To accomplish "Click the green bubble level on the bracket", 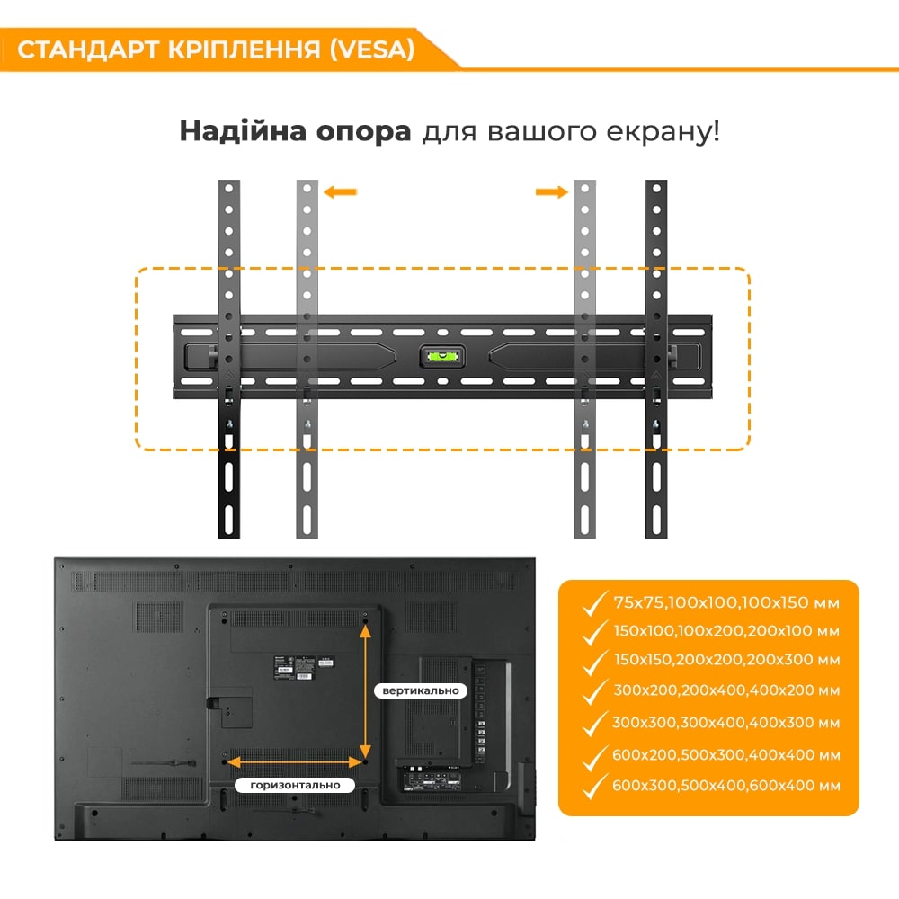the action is click(442, 357).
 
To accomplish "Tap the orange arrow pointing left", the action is click(340, 192).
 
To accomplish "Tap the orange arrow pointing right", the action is click(552, 192).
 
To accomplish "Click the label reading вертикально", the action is click(421, 690).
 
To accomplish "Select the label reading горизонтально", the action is click(295, 785).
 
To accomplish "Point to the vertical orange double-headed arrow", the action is click(365, 692).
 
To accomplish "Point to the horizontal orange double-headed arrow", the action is click(295, 762).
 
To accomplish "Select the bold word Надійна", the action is click(243, 130).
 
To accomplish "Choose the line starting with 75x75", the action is click(726, 602).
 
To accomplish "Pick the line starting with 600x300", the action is click(726, 786).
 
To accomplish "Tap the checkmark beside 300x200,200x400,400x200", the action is click(594, 692).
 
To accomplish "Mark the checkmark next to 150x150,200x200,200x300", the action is click(594, 662).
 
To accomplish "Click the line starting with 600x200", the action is click(726, 755).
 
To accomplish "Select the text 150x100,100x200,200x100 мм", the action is click(726, 631).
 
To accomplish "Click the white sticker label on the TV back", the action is click(325, 663).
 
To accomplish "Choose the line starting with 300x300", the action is click(726, 723).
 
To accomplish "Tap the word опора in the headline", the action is click(363, 132).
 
